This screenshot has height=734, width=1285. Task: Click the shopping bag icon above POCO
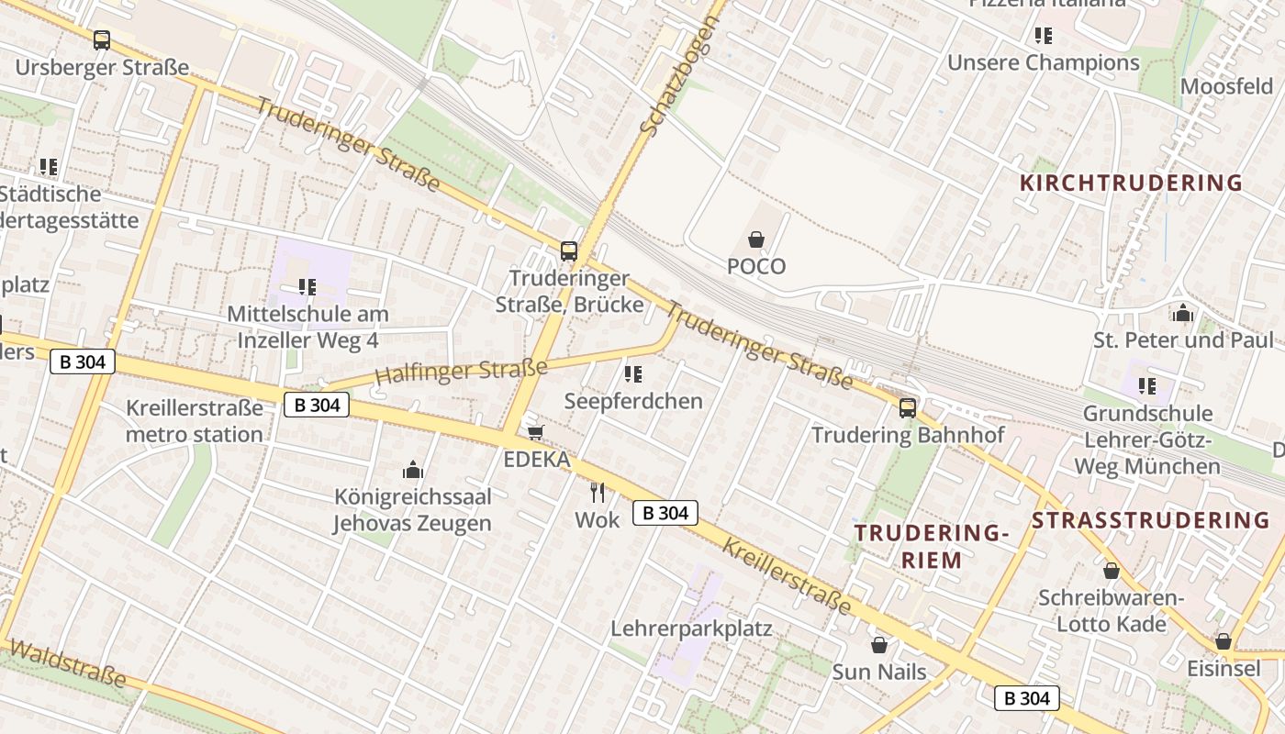756,239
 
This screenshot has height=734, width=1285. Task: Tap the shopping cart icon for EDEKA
535,432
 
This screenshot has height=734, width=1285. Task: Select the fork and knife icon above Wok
598,493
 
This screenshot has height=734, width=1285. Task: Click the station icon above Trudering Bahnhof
908,408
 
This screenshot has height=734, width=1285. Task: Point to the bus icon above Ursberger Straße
102,40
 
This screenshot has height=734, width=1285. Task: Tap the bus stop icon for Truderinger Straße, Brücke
569,251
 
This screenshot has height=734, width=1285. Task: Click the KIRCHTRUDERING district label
1131,183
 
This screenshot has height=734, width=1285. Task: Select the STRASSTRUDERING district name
1151,520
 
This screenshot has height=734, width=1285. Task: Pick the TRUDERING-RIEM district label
932,546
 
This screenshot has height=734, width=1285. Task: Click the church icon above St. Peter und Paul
1183,313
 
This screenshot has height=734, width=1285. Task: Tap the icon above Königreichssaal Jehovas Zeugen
413,471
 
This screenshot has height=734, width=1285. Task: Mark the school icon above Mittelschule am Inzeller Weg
307,287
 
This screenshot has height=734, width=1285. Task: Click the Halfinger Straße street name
461,372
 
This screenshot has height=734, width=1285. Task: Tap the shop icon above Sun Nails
879,645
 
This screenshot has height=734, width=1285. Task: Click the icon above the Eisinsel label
1223,641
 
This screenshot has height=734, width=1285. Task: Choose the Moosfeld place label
1226,86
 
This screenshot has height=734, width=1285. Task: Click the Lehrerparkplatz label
691,629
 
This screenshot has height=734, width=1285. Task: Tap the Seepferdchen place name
633,401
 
